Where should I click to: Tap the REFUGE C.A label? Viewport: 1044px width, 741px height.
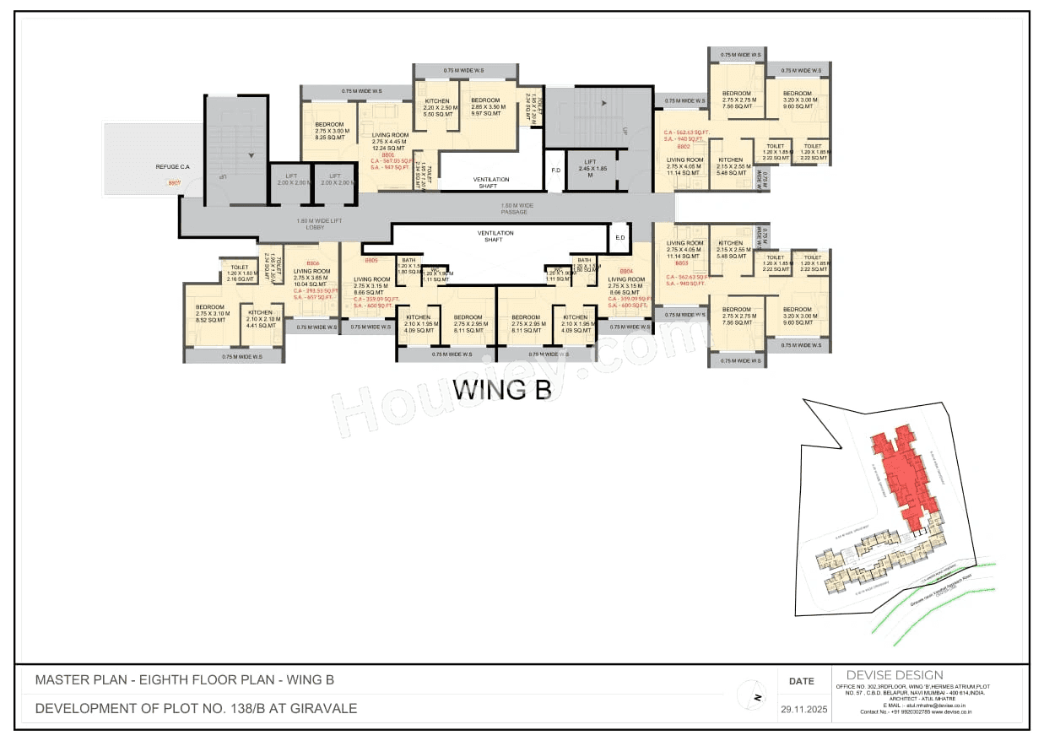[x=172, y=167]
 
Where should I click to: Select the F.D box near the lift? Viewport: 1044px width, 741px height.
[x=555, y=170]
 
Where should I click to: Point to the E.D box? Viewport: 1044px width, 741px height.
[x=619, y=238]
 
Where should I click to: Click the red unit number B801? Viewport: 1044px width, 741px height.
[x=388, y=155]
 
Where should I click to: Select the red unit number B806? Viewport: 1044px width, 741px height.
[x=312, y=262]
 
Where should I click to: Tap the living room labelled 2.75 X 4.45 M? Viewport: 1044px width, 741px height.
[x=391, y=140]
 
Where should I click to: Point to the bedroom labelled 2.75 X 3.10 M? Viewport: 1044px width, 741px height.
[x=210, y=313]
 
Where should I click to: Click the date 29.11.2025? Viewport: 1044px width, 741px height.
[x=801, y=710]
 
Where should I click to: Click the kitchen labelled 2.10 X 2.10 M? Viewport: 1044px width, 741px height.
[x=260, y=317]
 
